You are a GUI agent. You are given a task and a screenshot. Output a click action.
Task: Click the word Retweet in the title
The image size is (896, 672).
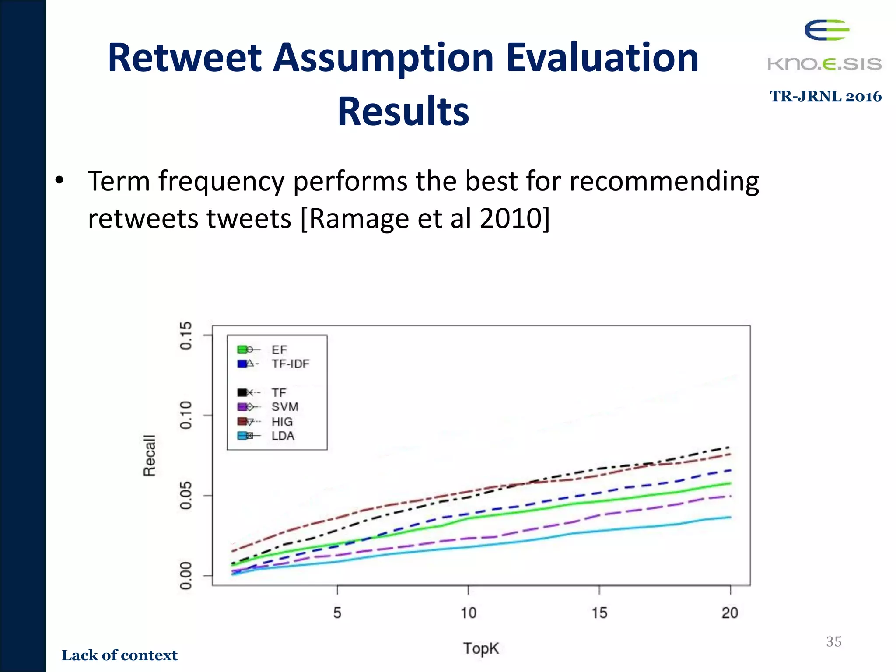tap(185, 58)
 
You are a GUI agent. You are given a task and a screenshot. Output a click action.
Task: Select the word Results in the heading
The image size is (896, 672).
tap(403, 111)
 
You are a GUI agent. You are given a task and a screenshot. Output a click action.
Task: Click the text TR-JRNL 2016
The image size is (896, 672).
tap(826, 96)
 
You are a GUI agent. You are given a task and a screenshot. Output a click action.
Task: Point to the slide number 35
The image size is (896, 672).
tap(833, 641)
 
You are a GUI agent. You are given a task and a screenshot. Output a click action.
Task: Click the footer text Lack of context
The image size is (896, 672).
tap(119, 655)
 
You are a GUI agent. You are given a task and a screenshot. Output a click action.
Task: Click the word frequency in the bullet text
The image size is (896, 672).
tap(221, 181)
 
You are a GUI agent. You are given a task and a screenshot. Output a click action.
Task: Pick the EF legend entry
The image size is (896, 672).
tap(279, 350)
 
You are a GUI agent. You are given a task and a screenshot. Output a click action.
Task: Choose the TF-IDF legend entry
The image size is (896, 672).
tap(290, 364)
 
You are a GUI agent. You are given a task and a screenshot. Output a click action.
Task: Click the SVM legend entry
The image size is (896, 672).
tap(285, 407)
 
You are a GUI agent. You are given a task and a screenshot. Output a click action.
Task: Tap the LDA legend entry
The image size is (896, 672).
tap(283, 436)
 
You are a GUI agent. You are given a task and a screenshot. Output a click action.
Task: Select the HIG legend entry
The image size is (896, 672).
tap(282, 422)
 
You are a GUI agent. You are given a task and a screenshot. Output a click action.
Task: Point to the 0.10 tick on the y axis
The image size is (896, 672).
tap(186, 415)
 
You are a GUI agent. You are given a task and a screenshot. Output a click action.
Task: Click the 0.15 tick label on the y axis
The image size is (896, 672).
tap(186, 336)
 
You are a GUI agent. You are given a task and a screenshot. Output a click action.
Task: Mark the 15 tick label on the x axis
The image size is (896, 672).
tap(599, 612)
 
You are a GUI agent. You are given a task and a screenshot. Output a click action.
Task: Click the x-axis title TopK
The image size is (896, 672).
tap(481, 648)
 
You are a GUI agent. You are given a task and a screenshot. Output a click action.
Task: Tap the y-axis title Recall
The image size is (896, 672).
tap(149, 455)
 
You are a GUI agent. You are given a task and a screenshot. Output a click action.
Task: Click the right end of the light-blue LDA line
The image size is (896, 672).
tap(730, 517)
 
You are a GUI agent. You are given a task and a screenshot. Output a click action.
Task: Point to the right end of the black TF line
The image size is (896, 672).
tap(729, 447)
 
